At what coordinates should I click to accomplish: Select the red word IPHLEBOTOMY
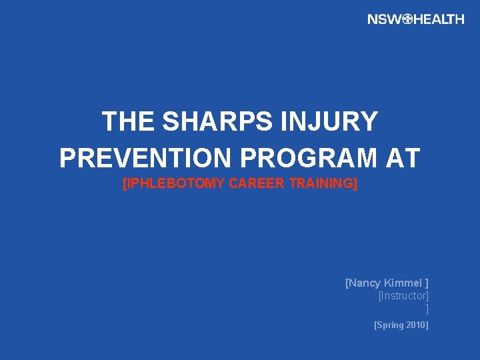pyautogui.click(x=176, y=184)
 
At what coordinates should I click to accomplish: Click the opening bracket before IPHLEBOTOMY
pyautogui.click(x=125, y=184)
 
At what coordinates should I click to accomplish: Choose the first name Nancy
pyautogui.click(x=365, y=283)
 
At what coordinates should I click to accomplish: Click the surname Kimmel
pyautogui.click(x=403, y=283)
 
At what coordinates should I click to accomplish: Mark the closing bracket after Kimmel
pyautogui.click(x=427, y=283)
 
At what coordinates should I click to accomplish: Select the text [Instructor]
pyautogui.click(x=403, y=295)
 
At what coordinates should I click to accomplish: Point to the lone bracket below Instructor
pyautogui.click(x=427, y=308)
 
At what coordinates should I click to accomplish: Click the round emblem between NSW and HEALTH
pyautogui.click(x=409, y=19)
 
